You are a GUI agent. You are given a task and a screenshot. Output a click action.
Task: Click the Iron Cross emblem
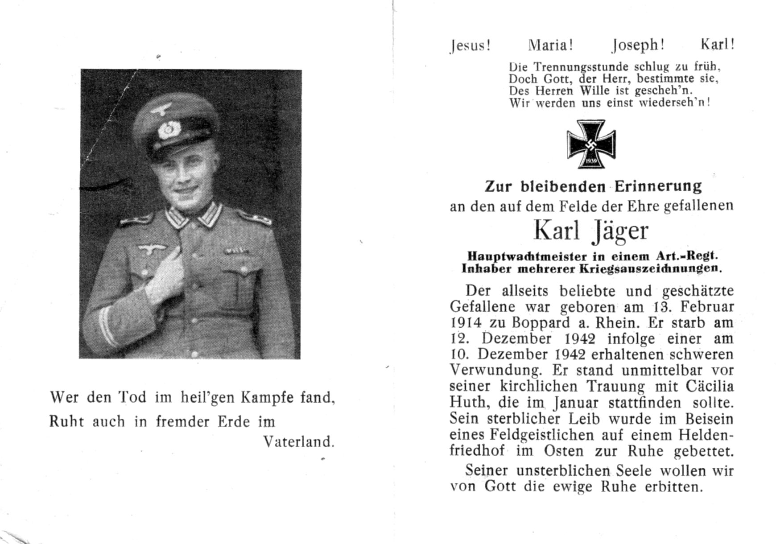pos(591,144)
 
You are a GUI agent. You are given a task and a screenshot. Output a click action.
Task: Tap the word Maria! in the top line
pos(550,45)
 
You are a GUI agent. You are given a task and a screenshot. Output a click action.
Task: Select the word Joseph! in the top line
pos(638,45)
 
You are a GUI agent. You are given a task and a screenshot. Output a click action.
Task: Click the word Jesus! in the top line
pos(471,45)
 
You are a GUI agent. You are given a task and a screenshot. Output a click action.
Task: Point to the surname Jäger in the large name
pos(620,231)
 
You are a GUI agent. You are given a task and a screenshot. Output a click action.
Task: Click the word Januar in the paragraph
pos(575,403)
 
